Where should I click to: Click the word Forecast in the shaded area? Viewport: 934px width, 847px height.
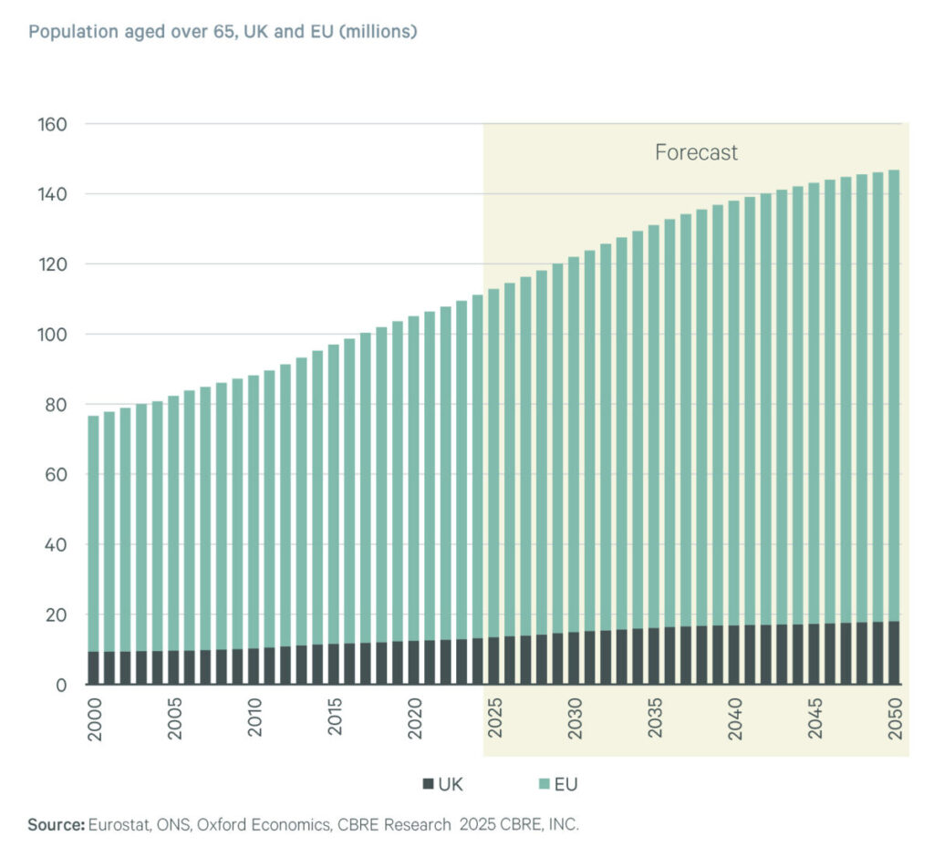(x=696, y=152)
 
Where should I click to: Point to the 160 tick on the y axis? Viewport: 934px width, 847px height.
(x=52, y=124)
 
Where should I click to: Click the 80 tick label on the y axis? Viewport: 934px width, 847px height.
(x=57, y=405)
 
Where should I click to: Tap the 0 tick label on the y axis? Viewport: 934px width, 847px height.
(x=61, y=685)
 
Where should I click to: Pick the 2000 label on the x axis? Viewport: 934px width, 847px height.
(x=94, y=721)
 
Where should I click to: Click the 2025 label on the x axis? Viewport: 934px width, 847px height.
(x=495, y=721)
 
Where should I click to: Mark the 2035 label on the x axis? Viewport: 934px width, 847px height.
(x=655, y=721)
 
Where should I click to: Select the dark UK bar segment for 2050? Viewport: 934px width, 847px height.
(x=894, y=653)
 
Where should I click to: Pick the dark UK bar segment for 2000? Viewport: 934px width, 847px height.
(x=93, y=668)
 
